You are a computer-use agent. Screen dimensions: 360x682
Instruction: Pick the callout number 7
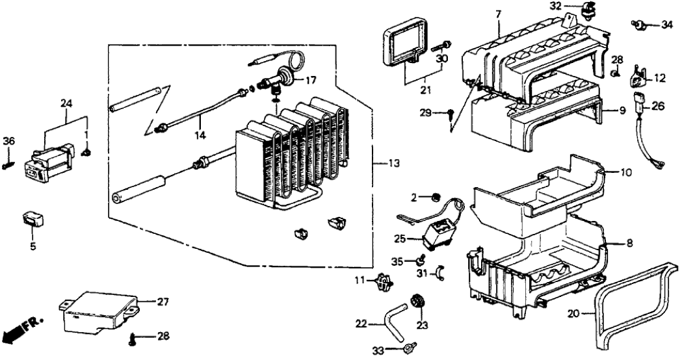[499, 14]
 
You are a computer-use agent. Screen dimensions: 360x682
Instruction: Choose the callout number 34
[667, 25]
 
